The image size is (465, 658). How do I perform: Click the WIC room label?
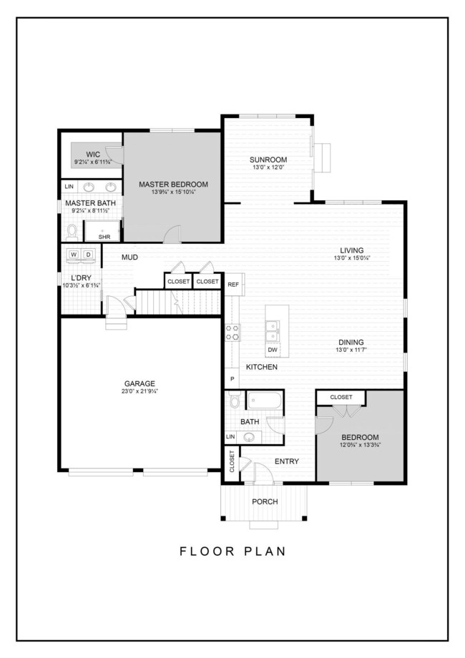93,154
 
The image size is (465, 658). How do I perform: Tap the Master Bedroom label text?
173,185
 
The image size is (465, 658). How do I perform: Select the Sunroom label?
268,159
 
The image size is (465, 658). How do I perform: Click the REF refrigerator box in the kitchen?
233,284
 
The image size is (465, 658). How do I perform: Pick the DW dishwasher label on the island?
273,350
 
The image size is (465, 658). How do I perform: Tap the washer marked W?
74,255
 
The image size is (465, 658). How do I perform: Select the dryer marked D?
89,255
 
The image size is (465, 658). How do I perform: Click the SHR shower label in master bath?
104,236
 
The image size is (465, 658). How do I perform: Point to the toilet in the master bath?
72,230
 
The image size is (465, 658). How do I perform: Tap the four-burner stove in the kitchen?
232,332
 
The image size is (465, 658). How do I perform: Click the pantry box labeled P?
232,378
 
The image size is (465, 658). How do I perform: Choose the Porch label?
264,501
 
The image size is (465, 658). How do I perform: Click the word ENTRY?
286,461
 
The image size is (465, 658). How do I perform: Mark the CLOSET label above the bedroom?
341,397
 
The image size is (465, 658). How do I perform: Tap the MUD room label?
129,257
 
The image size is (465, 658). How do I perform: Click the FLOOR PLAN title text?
232,551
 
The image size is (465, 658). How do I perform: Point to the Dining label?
351,342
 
